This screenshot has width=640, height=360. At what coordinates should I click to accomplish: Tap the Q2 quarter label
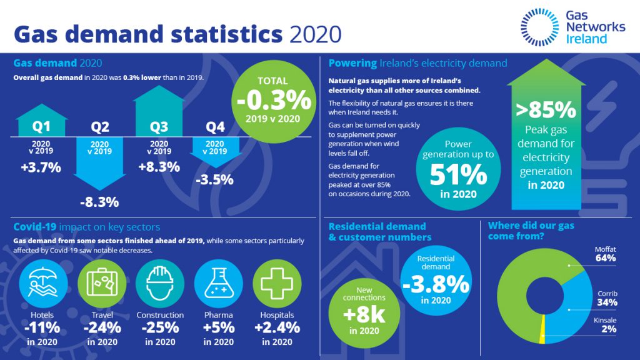100,127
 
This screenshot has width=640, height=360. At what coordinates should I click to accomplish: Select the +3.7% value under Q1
41,167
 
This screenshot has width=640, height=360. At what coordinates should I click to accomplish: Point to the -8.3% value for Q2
100,202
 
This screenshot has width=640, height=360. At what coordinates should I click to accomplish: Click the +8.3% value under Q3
159,167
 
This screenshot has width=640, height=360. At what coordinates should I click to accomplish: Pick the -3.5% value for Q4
214,180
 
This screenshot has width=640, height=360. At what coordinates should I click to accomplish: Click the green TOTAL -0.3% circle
272,99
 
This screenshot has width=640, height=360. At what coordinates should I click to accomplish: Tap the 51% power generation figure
457,175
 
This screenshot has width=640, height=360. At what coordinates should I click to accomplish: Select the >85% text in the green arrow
546,110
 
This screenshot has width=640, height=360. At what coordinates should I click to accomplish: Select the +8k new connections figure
364,314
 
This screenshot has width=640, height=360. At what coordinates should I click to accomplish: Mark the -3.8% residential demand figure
436,284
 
